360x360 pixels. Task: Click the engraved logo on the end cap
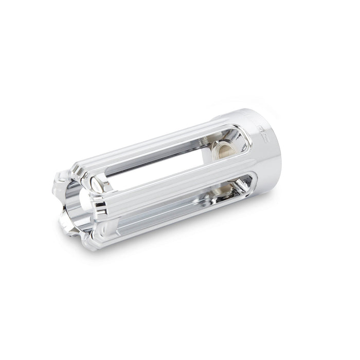[265, 135]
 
